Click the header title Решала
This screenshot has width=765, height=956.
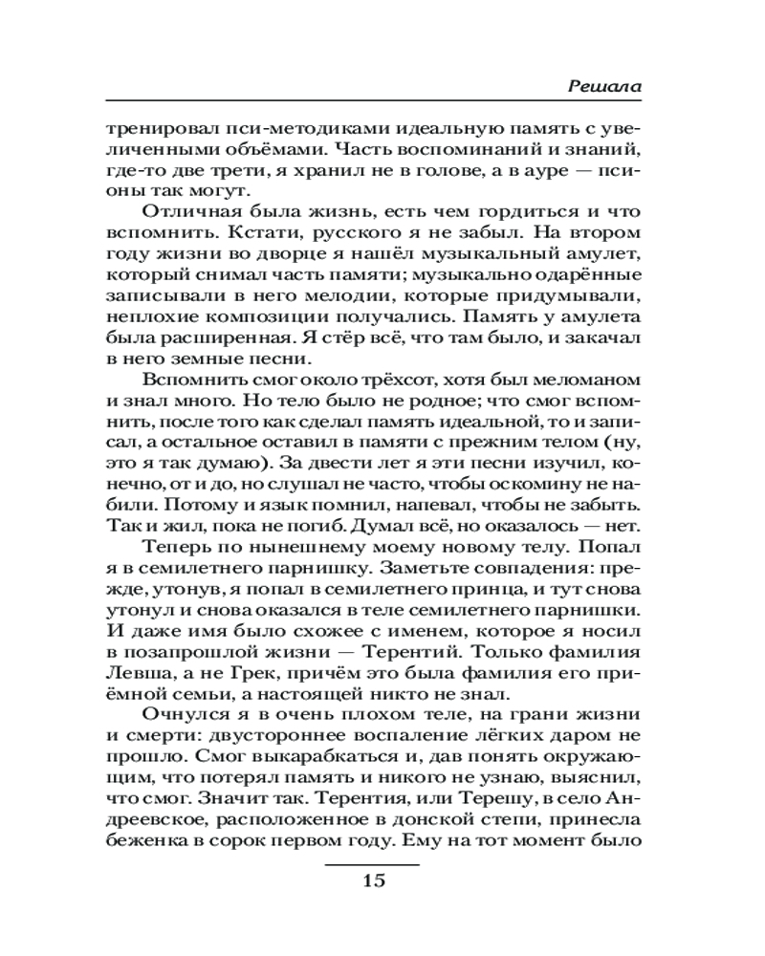(x=603, y=85)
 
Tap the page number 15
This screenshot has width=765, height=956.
(x=373, y=880)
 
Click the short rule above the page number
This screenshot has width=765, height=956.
(x=373, y=863)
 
